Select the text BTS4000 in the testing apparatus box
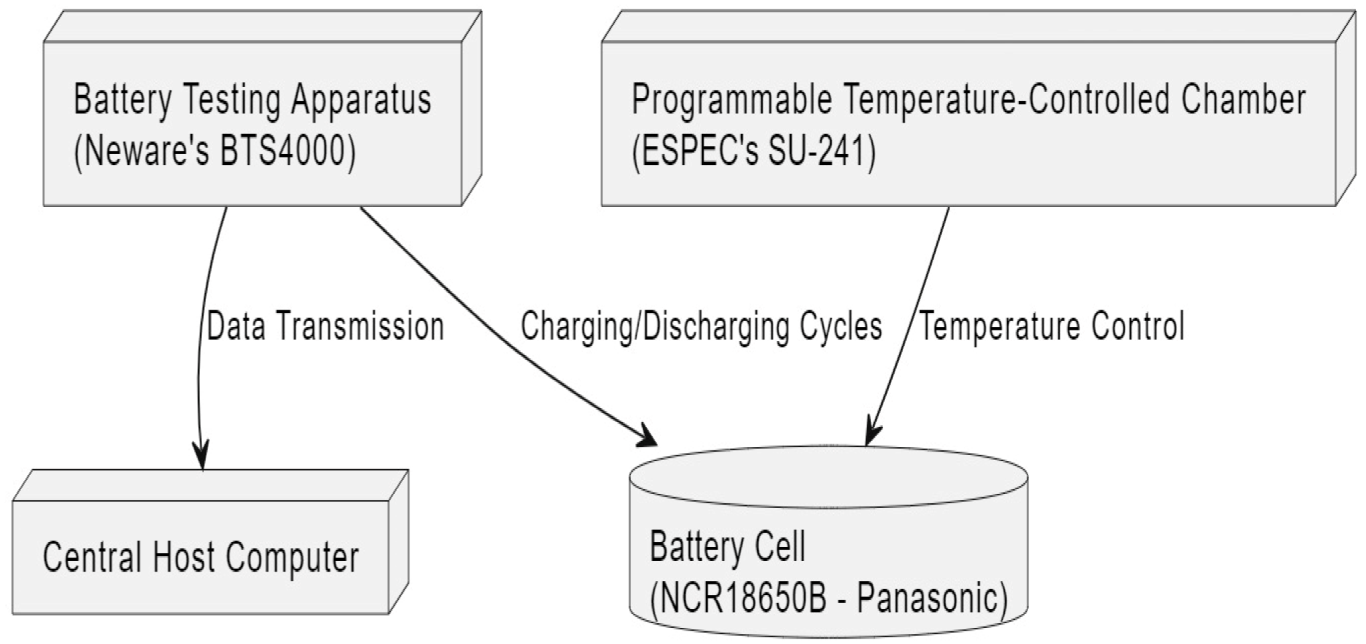coord(286,151)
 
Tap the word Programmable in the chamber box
coord(731,101)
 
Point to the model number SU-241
coord(821,151)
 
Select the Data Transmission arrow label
coord(325,327)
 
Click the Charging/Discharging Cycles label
coord(701,327)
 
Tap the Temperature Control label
coord(1051,327)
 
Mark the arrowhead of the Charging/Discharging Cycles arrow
coord(646,437)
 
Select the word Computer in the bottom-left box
coord(292,558)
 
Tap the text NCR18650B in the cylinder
coord(743,598)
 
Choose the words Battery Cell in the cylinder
coord(727,547)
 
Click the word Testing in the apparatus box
coord(232,101)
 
